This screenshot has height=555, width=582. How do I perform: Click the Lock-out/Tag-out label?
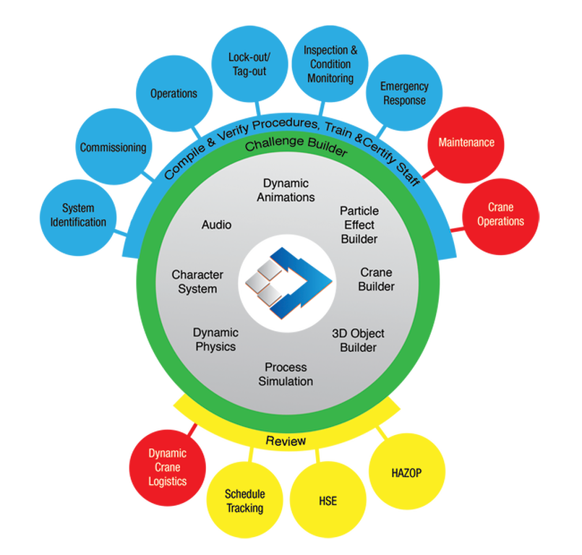pos(249,64)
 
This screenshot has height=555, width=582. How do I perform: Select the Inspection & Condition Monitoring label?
pos(330,64)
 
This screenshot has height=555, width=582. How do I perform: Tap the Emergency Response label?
pos(404,94)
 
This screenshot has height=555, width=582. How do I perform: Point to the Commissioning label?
pos(113,147)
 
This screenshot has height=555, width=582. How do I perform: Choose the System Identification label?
pos(78,215)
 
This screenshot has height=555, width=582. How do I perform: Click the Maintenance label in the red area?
pos(466,142)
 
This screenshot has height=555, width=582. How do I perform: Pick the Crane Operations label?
pos(500,215)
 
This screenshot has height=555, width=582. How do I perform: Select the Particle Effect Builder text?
pos(359,224)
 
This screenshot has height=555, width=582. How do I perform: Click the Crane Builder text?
pos(377,280)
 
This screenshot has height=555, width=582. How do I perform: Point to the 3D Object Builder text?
pos(358,340)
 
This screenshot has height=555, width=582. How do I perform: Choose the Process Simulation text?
pos(286,374)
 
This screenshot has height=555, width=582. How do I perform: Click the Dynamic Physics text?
pos(215,340)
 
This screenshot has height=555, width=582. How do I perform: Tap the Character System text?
pos(197,282)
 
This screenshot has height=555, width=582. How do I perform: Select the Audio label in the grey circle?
pos(216,225)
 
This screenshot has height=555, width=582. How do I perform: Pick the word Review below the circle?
pos(286,441)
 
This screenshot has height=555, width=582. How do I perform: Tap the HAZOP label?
pos(406,473)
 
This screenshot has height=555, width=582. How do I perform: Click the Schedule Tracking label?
pos(244,501)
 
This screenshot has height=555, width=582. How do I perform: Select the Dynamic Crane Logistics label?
pos(167,467)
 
